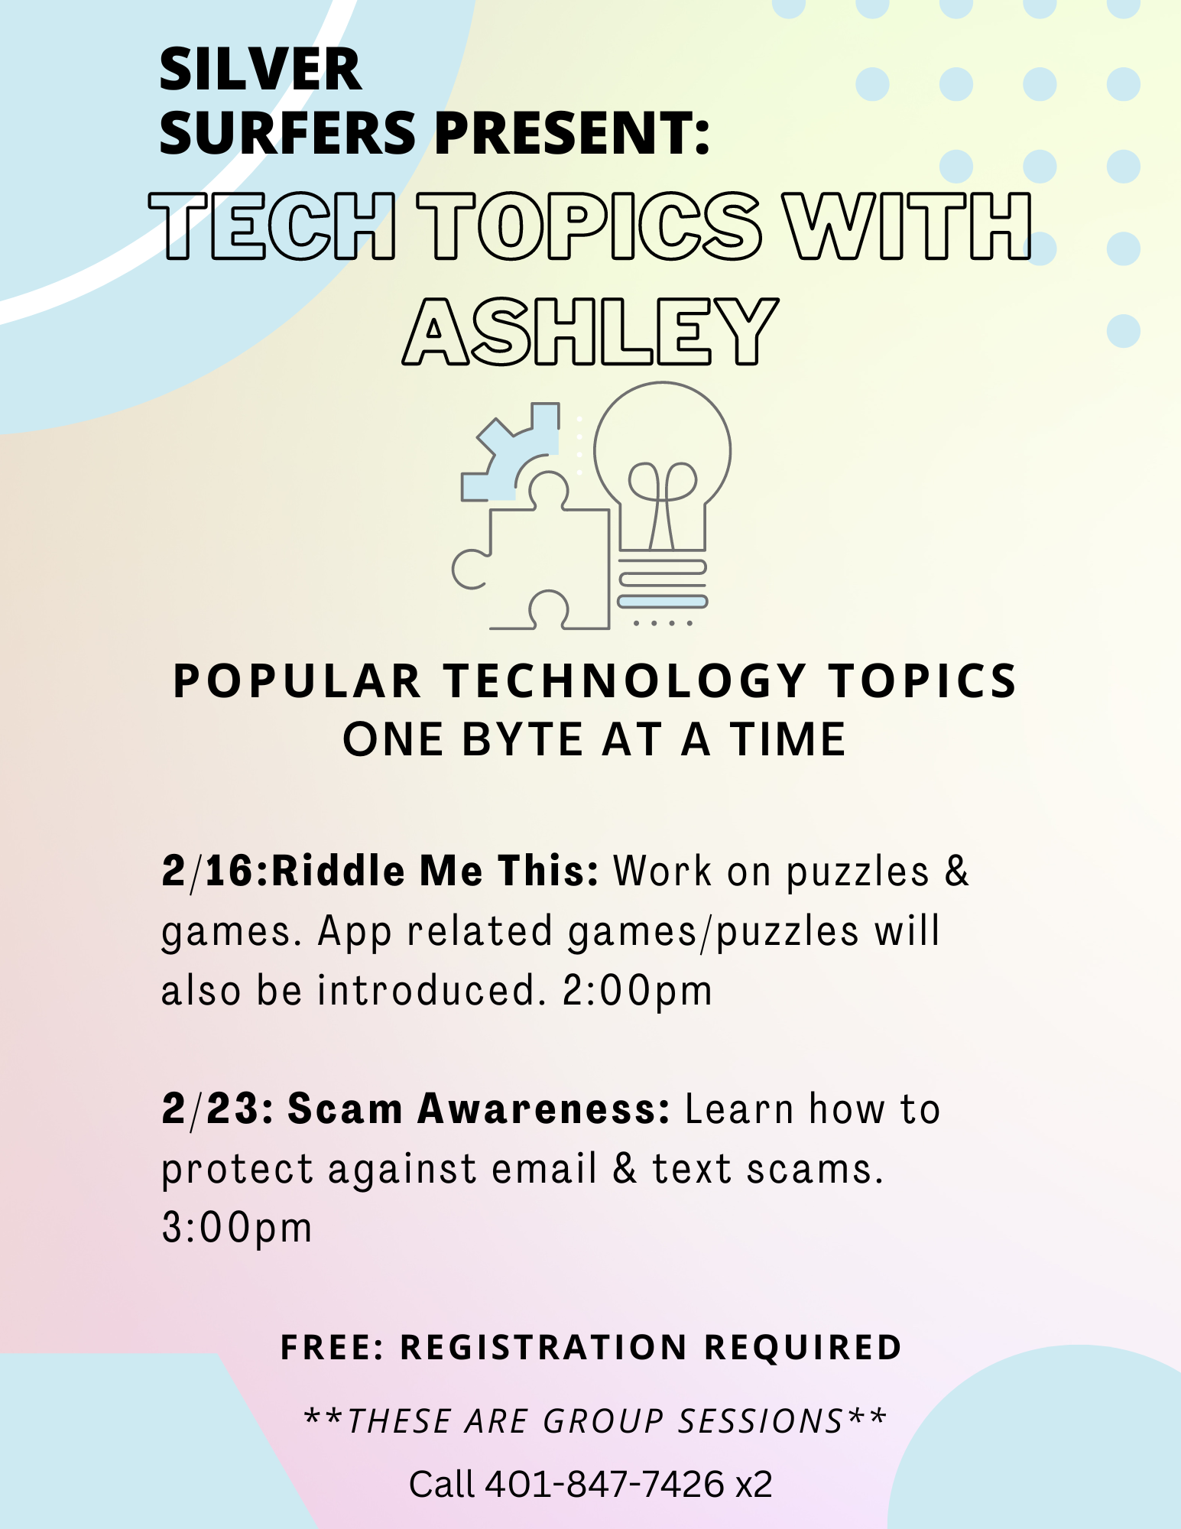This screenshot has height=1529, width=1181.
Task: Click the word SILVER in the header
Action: click(261, 70)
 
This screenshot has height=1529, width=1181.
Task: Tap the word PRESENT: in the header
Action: click(573, 133)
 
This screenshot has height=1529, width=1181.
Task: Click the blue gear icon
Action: click(510, 453)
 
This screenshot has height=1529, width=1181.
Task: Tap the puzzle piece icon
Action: click(532, 550)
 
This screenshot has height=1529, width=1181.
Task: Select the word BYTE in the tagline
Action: click(523, 739)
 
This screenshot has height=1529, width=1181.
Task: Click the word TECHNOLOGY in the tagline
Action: click(625, 680)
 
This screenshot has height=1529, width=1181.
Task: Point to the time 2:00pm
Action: click(638, 992)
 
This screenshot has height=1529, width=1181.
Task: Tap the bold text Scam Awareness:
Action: click(479, 1109)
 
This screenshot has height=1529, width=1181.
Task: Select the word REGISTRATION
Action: click(543, 1348)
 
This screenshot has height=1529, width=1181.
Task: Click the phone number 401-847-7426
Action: click(605, 1484)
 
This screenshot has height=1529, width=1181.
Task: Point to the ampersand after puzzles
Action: click(957, 872)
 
